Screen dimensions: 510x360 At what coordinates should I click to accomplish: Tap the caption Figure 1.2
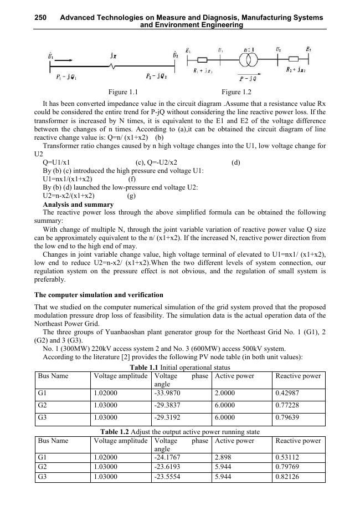236,92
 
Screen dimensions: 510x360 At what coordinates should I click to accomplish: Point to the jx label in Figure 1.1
113,56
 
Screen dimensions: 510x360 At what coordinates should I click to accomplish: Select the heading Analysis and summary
78,205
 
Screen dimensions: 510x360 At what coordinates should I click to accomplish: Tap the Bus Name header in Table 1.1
53,376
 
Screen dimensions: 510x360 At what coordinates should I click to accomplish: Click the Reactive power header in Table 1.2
297,441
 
